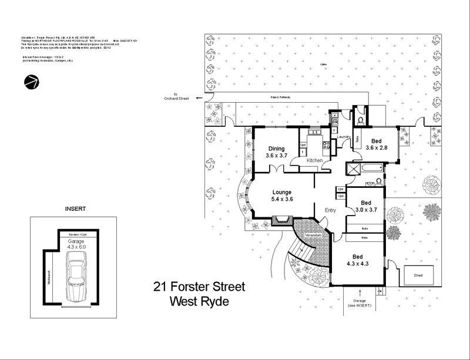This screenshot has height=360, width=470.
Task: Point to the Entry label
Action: coord(323,210)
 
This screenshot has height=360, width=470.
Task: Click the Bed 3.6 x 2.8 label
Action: coord(376,145)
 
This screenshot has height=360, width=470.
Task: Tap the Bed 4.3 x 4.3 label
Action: coord(358,260)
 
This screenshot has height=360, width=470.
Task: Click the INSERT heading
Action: coord(75,208)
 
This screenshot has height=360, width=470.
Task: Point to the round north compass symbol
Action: coord(32,82)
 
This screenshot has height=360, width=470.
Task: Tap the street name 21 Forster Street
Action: coord(199,287)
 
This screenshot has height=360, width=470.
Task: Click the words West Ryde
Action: coord(199,302)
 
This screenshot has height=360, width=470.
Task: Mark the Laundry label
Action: coord(344,137)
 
